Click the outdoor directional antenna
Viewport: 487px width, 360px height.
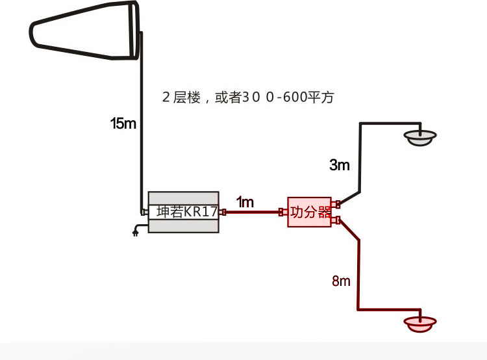pyautogui.click(x=84, y=32)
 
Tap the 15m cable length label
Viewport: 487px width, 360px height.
pyautogui.click(x=123, y=123)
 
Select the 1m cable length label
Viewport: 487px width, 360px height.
pyautogui.click(x=245, y=202)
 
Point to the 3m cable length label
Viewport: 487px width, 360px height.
pyautogui.click(x=339, y=165)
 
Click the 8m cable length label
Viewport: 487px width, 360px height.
pyautogui.click(x=341, y=281)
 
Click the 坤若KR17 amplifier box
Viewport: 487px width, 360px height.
pyautogui.click(x=183, y=212)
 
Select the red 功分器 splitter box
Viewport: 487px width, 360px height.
pyautogui.click(x=310, y=212)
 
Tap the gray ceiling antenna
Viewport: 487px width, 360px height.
pyautogui.click(x=419, y=136)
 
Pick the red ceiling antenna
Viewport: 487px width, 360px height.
pyautogui.click(x=420, y=323)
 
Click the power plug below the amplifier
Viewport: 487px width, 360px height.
pyautogui.click(x=136, y=231)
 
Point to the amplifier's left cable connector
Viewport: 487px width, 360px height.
pyautogui.click(x=145, y=212)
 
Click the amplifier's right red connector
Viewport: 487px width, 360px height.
pyautogui.click(x=222, y=212)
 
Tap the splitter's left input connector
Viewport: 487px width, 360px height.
pyautogui.click(x=283, y=212)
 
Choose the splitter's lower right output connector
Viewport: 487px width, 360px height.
pyautogui.click(x=336, y=220)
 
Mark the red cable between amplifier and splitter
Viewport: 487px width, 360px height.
pyautogui.click(x=253, y=212)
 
